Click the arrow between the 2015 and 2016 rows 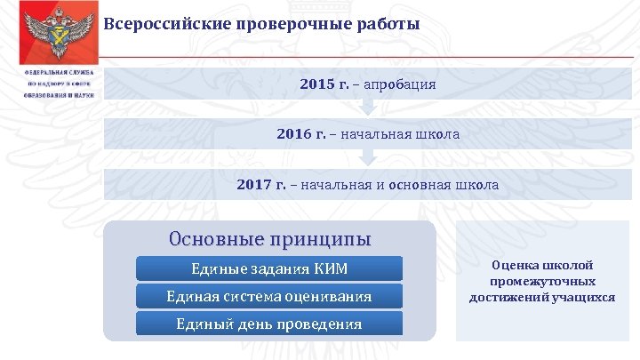[x=367, y=108]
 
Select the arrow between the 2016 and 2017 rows [x=367, y=159]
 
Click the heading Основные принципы [x=269, y=240]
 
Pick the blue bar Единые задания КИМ [x=269, y=268]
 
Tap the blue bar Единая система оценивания [x=269, y=296]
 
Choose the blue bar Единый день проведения [x=269, y=323]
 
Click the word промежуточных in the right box [x=542, y=281]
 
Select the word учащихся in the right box [x=587, y=297]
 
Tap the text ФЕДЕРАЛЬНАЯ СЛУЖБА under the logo [x=59, y=73]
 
